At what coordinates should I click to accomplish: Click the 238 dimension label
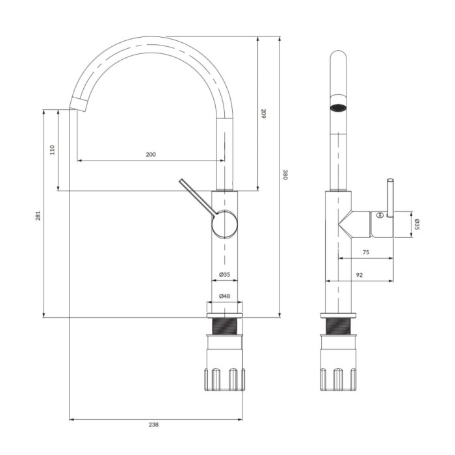(153, 424)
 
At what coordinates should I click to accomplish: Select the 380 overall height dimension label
(285, 175)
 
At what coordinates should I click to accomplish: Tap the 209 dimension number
(263, 114)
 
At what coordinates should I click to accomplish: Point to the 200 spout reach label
(151, 155)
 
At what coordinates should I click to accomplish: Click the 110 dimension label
(52, 149)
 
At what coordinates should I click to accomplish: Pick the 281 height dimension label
(38, 215)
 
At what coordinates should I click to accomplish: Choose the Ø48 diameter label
(225, 296)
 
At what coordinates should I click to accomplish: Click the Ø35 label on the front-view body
(225, 274)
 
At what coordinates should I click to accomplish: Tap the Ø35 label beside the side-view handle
(417, 224)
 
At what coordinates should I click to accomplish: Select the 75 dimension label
(366, 252)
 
